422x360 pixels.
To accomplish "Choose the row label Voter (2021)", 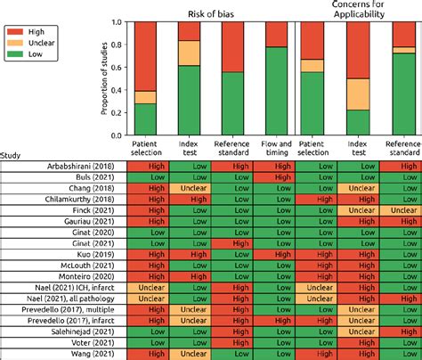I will pyautogui.click(x=97, y=340).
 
